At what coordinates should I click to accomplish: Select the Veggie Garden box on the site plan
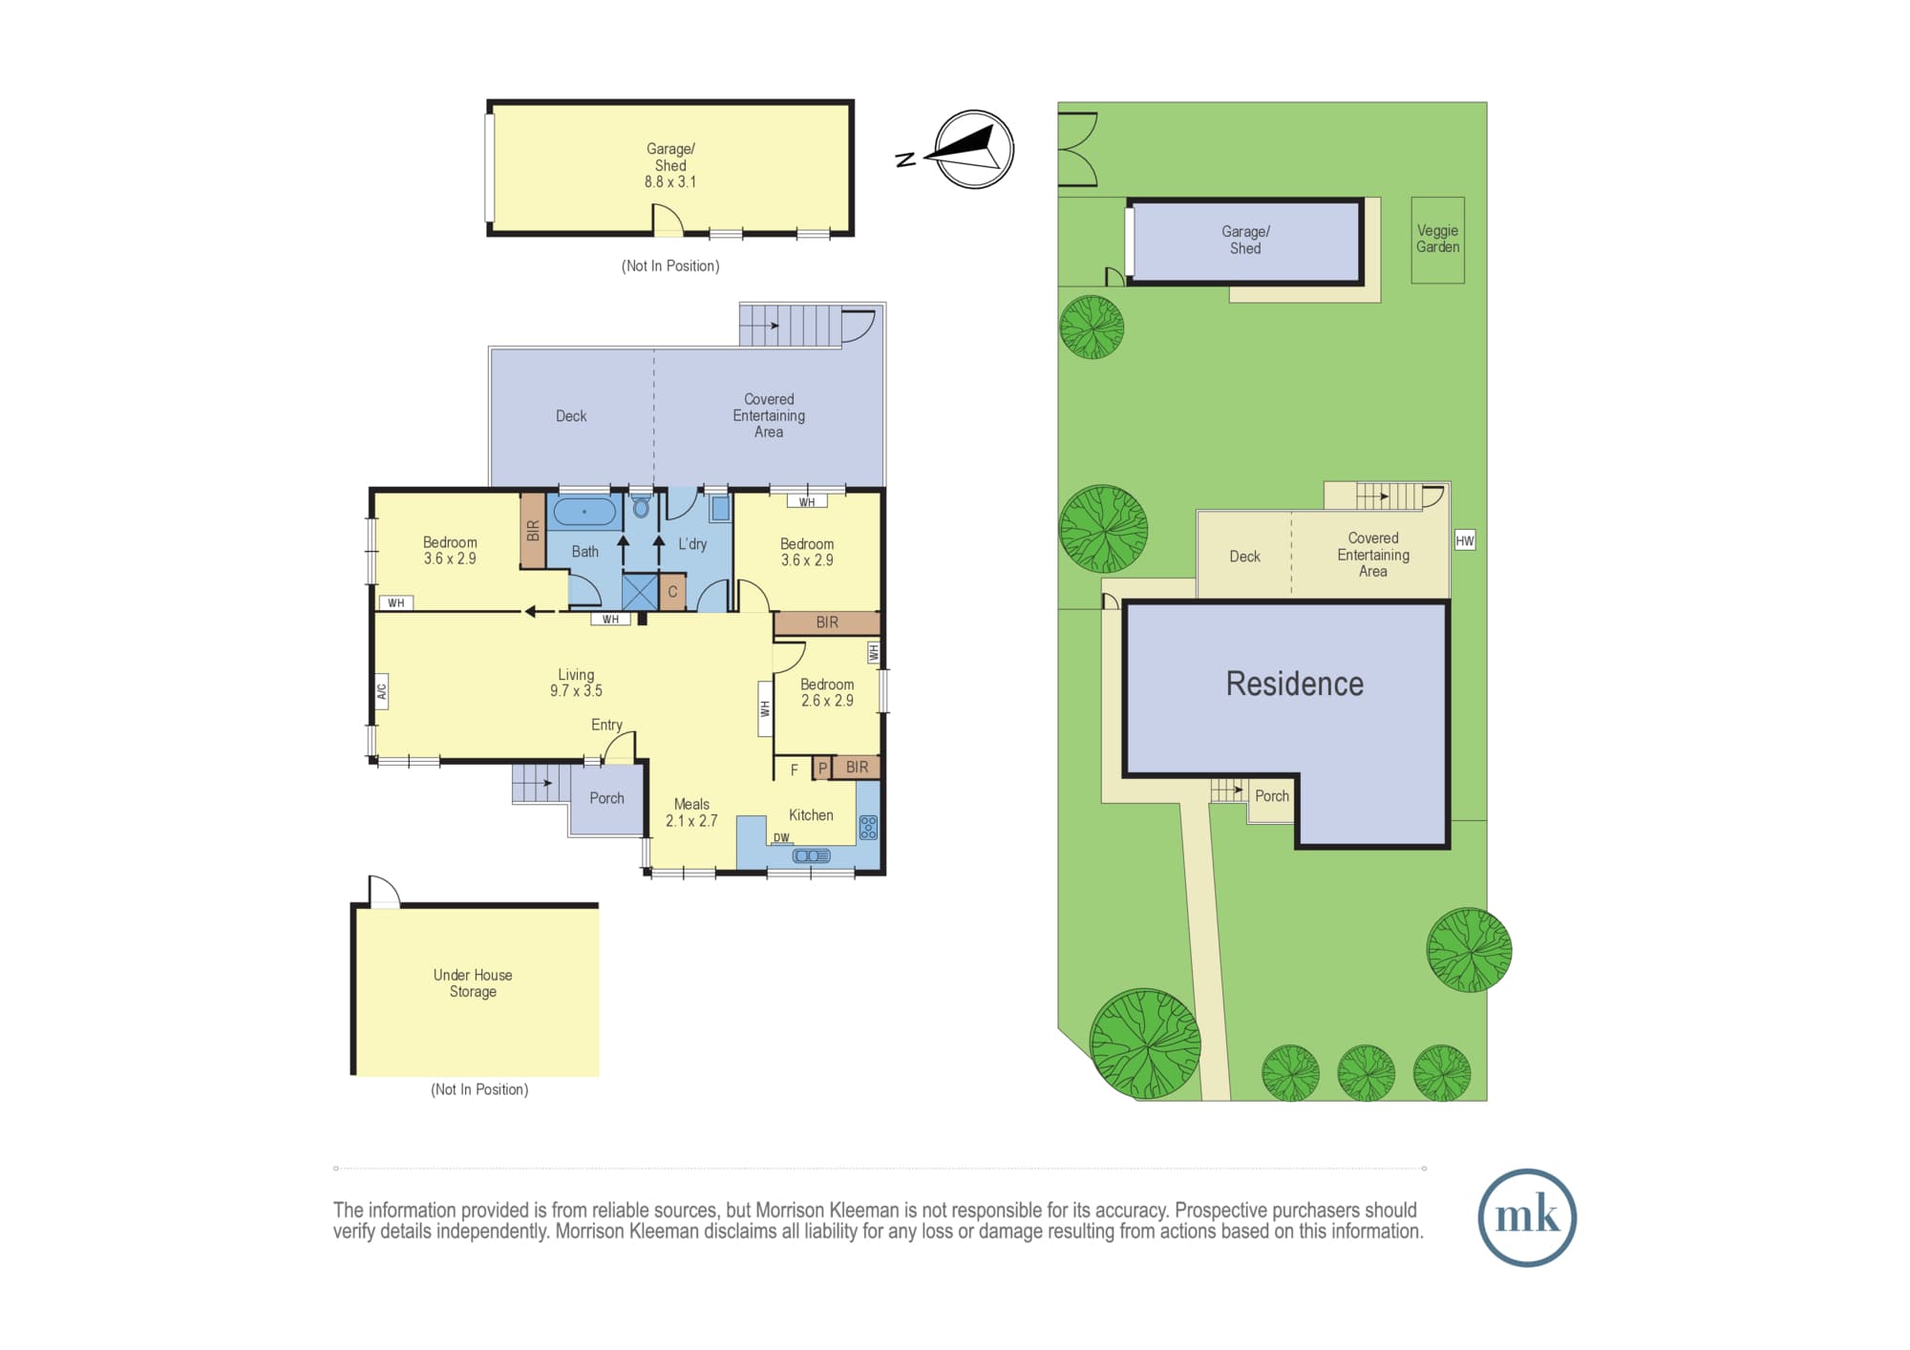[1437, 240]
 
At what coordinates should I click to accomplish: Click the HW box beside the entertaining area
[1465, 540]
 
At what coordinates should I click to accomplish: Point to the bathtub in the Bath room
[584, 512]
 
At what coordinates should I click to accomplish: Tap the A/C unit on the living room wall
[381, 690]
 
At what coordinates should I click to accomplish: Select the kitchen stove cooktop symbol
[868, 827]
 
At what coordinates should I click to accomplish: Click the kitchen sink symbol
[811, 855]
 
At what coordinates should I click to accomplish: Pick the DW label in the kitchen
[781, 838]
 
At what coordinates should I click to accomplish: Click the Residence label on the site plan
[1294, 684]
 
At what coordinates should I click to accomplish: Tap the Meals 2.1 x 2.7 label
[691, 812]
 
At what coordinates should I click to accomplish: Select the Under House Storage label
[473, 983]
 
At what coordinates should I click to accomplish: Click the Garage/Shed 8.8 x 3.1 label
[670, 165]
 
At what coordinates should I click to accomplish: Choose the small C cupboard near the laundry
[672, 592]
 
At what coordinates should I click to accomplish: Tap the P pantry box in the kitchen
[822, 768]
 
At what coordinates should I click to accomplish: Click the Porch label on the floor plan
[606, 798]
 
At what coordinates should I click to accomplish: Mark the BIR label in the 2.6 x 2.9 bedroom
[857, 767]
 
